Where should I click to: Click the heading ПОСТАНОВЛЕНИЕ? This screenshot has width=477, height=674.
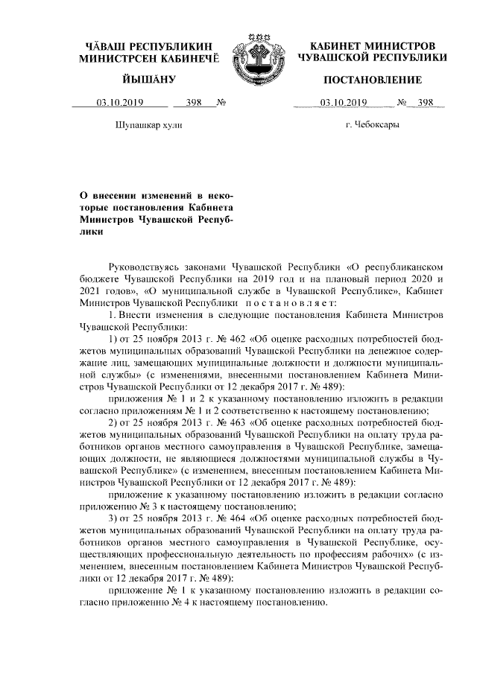click(x=370, y=80)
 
